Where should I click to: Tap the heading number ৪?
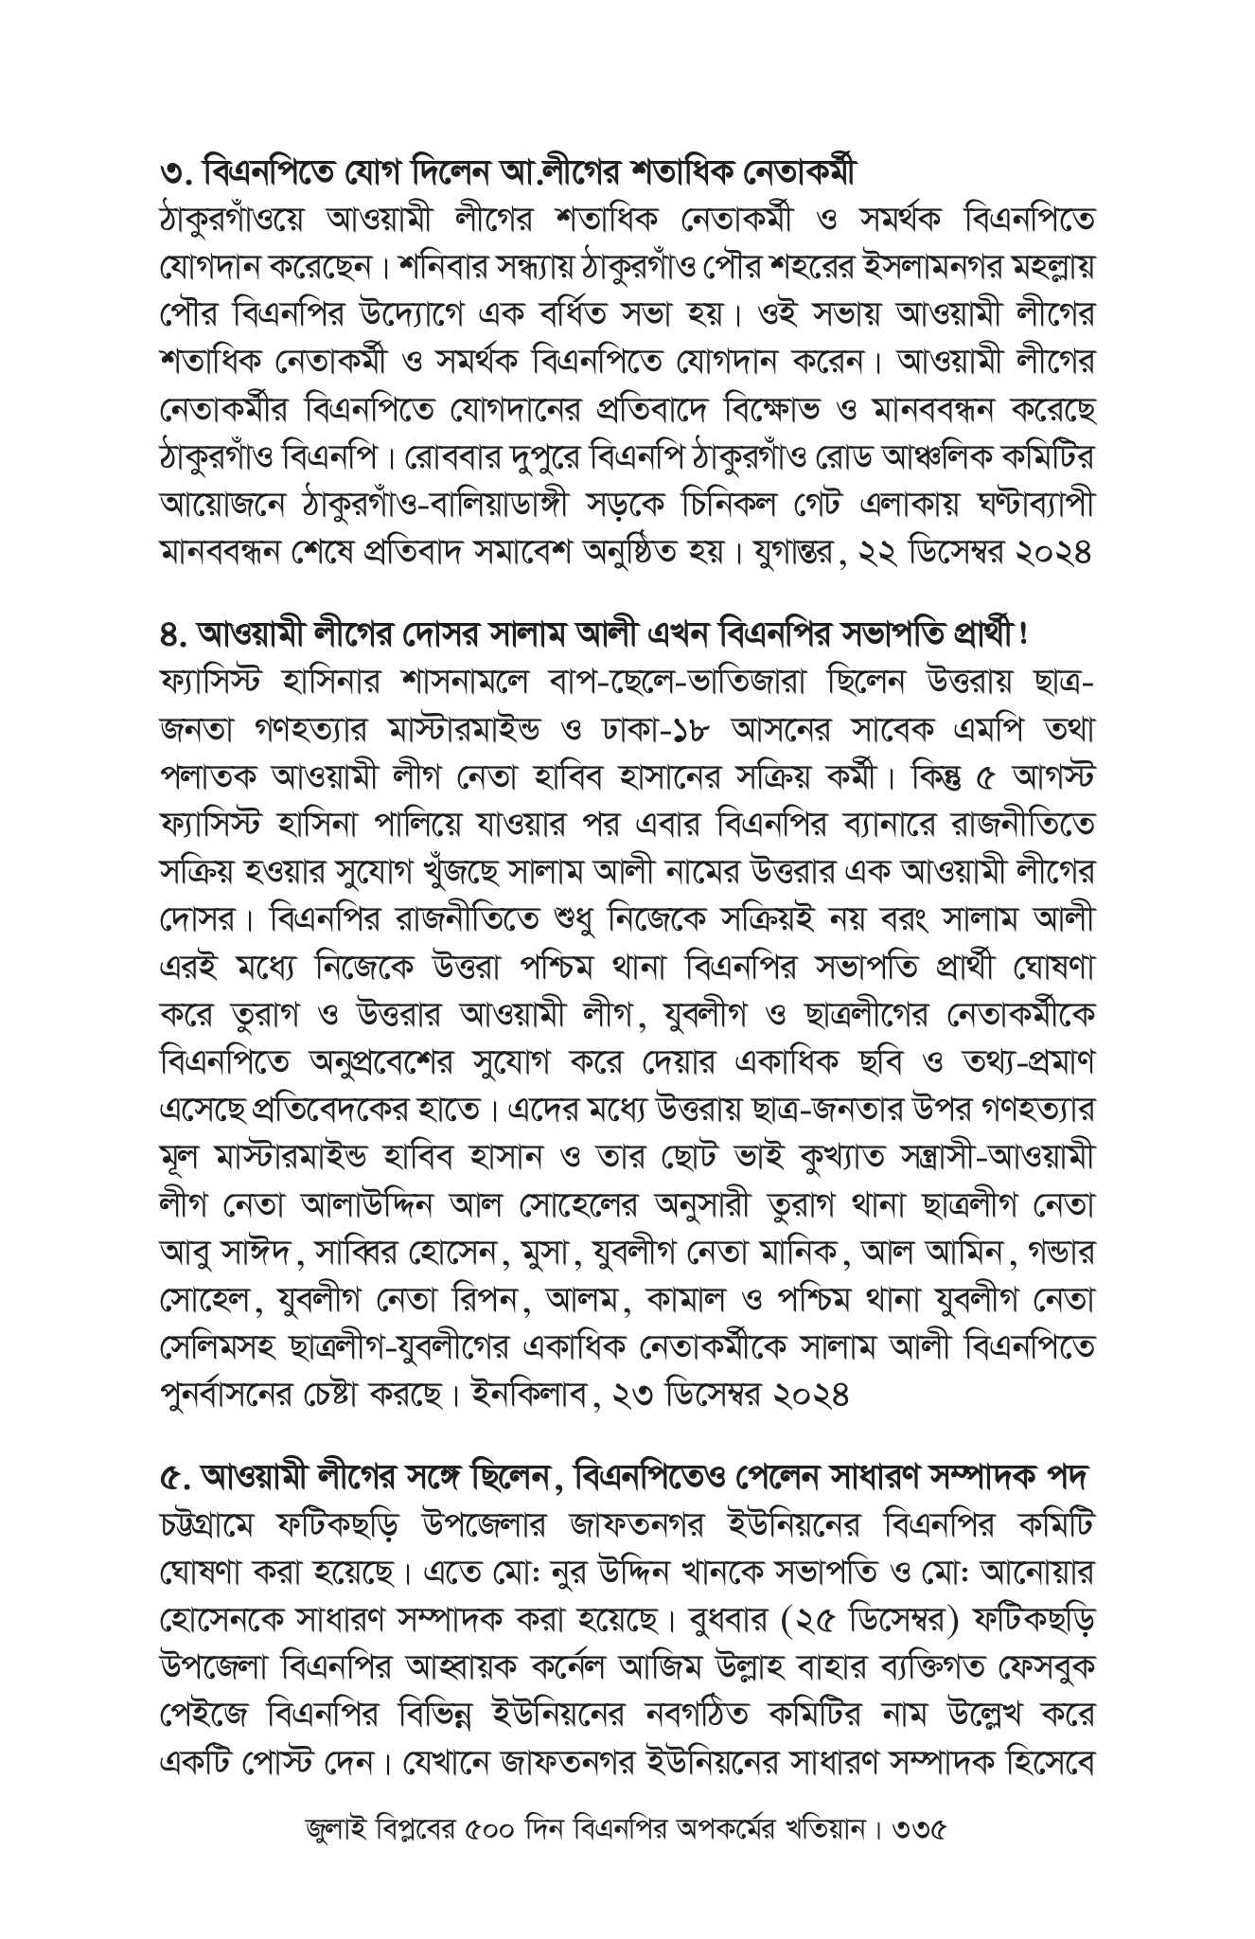pos(173,631)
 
